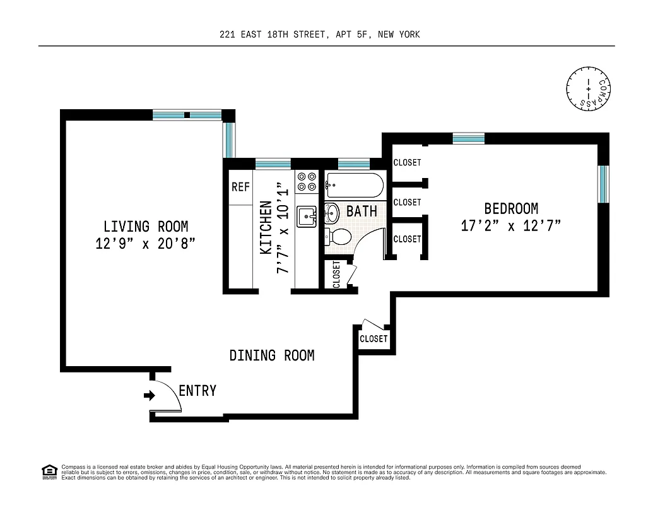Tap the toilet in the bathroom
click(339, 237)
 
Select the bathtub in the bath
click(355, 184)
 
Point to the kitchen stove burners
click(306, 182)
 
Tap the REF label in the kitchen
click(240, 187)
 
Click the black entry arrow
click(150, 396)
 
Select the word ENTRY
click(197, 391)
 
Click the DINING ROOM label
click(272, 355)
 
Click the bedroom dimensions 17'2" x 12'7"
click(510, 225)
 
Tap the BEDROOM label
click(511, 208)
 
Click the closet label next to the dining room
click(374, 339)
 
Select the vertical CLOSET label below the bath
click(336, 275)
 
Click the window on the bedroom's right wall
click(603, 184)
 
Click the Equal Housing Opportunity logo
click(49, 471)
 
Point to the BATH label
click(362, 211)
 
